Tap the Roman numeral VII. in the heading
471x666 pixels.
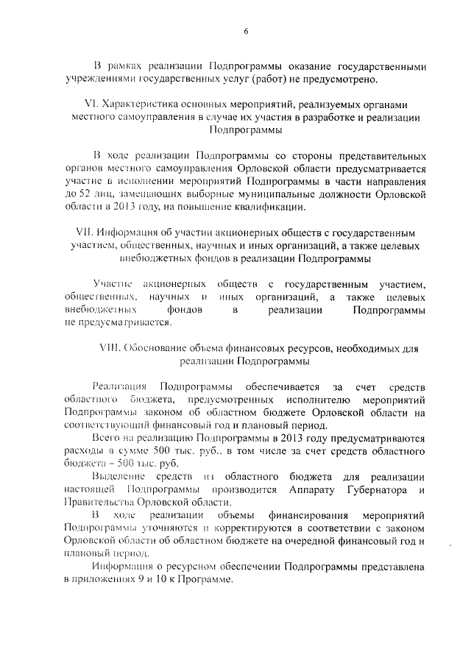[84, 232]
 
